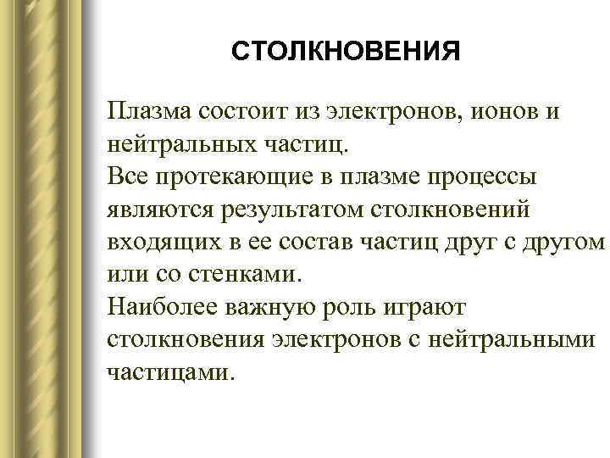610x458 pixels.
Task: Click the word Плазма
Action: point(148,113)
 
